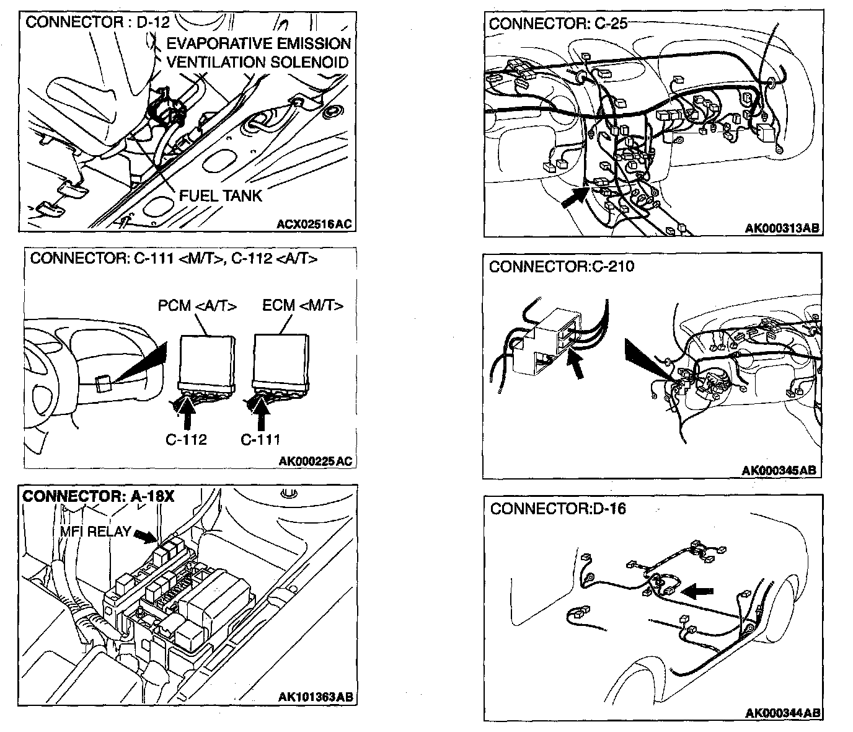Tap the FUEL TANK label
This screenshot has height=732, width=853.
(220, 195)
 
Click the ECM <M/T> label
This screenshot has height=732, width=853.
(303, 306)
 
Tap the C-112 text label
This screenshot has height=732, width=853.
(186, 440)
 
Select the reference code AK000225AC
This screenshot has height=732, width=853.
(315, 461)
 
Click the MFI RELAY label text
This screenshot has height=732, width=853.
(95, 532)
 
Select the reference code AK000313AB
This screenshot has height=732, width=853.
(782, 228)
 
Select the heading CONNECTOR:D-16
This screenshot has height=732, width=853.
(558, 509)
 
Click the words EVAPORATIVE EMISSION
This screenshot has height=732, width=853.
(259, 43)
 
